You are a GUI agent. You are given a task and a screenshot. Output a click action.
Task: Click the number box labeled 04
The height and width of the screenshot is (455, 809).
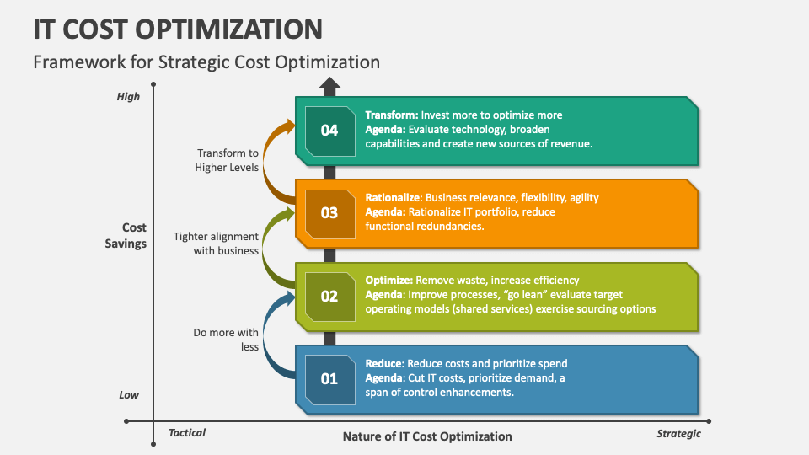pyautogui.click(x=329, y=131)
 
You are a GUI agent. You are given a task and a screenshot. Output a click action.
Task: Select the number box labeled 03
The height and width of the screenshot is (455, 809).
pyautogui.click(x=329, y=212)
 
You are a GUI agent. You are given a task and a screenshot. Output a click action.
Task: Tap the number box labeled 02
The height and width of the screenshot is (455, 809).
pyautogui.click(x=329, y=296)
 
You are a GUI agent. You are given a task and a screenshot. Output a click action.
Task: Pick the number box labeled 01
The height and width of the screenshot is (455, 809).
pyautogui.click(x=329, y=378)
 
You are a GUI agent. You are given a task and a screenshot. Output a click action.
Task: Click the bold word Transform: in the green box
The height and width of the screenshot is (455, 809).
pyautogui.click(x=391, y=115)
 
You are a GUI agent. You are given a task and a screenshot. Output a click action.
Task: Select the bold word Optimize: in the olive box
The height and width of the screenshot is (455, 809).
pyautogui.click(x=388, y=281)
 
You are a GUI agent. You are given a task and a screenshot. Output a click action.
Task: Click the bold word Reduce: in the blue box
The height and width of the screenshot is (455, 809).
pyautogui.click(x=383, y=364)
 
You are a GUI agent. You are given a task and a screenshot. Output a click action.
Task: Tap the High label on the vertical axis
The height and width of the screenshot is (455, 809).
pyautogui.click(x=128, y=97)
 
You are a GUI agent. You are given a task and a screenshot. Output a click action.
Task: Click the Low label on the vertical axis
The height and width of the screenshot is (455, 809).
pyautogui.click(x=129, y=395)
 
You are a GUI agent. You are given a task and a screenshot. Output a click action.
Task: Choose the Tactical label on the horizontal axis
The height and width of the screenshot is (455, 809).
pyautogui.click(x=186, y=433)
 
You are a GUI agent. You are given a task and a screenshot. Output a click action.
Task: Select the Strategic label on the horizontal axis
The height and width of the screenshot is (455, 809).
pyautogui.click(x=678, y=434)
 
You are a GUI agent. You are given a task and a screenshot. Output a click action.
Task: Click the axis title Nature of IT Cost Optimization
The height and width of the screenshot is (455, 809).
pyautogui.click(x=427, y=436)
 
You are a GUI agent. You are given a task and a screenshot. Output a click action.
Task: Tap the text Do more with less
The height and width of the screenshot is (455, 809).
pyautogui.click(x=226, y=340)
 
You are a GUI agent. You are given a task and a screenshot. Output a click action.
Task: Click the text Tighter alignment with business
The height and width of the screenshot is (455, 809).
pyautogui.click(x=217, y=244)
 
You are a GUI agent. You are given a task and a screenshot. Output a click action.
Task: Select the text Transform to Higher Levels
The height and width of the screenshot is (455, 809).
pyautogui.click(x=228, y=160)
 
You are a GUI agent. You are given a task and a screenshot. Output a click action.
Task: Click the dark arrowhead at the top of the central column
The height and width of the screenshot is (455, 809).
pyautogui.click(x=329, y=84)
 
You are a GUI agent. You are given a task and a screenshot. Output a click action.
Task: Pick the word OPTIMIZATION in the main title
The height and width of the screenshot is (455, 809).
pyautogui.click(x=233, y=29)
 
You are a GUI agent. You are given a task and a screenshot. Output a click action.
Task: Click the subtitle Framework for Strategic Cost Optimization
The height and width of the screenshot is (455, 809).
pyautogui.click(x=206, y=62)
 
